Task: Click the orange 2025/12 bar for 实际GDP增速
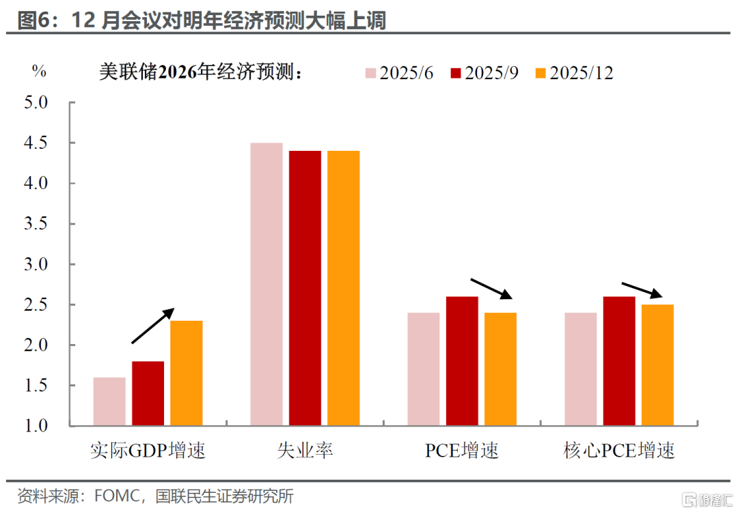click(x=186, y=373)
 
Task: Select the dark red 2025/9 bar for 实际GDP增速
click(x=148, y=393)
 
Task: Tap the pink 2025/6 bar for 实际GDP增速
click(x=109, y=401)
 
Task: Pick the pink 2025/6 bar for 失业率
click(x=266, y=284)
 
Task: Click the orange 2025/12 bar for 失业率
click(x=343, y=288)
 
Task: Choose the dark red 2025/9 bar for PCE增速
click(x=462, y=361)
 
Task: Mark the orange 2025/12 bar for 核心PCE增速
click(x=657, y=365)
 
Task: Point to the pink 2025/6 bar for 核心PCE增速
click(x=581, y=369)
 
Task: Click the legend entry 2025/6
click(x=399, y=73)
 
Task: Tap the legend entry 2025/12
click(x=573, y=73)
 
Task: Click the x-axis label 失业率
click(x=305, y=451)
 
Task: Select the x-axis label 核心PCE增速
click(x=619, y=451)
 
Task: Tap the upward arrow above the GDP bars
click(x=152, y=326)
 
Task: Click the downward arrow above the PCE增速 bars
click(x=490, y=289)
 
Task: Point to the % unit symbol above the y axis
click(x=39, y=71)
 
